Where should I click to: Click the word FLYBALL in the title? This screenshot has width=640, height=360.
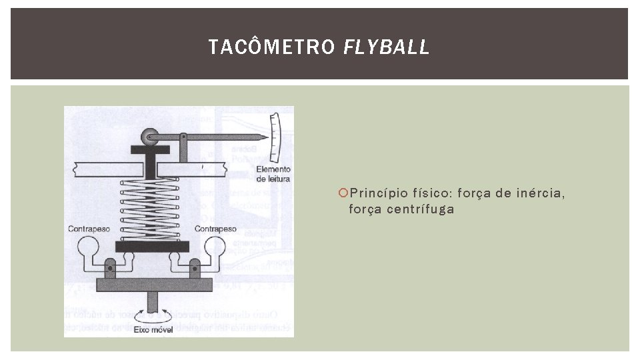[387, 47]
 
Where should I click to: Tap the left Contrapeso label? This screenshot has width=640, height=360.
[88, 229]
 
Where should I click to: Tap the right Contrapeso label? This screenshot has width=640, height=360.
[215, 229]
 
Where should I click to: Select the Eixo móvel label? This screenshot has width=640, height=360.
[153, 329]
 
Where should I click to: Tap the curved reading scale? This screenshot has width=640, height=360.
[274, 136]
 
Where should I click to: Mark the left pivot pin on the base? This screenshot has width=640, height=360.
[111, 271]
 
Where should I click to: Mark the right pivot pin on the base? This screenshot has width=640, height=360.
[194, 271]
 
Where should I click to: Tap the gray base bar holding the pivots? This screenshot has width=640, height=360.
[153, 285]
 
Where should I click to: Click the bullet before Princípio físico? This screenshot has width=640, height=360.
[343, 194]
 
